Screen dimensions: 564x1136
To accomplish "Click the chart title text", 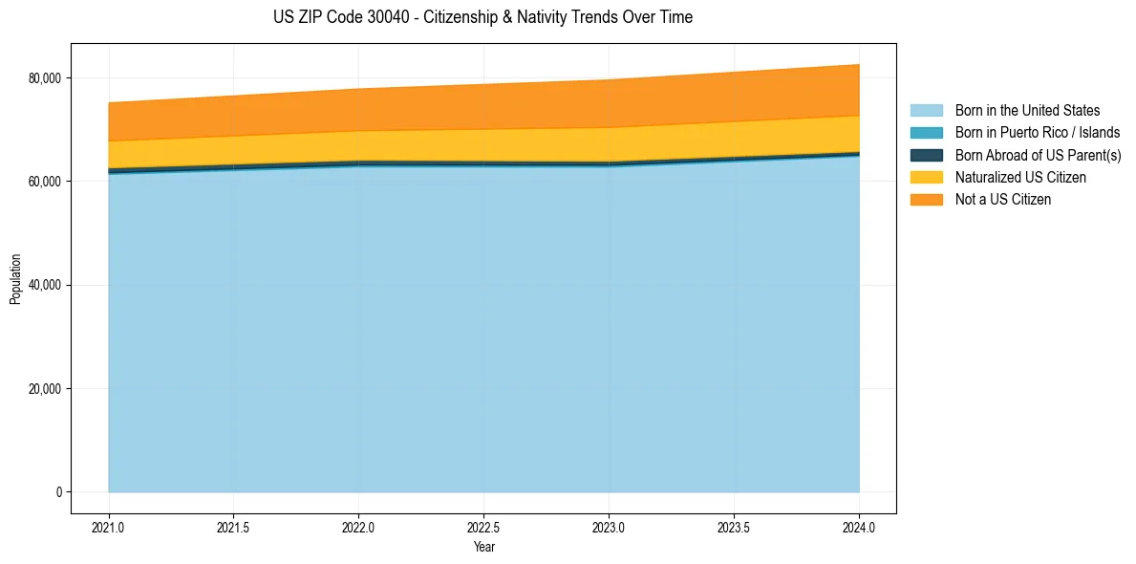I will coord(482,17).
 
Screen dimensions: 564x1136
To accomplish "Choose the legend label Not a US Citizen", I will coord(1003,200).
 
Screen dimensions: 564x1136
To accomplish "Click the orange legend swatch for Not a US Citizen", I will coord(926,200).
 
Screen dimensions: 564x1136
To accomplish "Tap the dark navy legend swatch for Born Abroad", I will coord(926,155).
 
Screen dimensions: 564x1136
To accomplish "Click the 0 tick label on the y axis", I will coord(58,492).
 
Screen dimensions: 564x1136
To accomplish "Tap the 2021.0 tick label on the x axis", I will coord(109,527).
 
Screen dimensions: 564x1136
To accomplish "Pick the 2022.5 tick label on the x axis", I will coord(483,527).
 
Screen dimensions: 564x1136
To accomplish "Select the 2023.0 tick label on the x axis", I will coord(609,527).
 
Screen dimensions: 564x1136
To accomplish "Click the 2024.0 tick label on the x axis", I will coord(859,527).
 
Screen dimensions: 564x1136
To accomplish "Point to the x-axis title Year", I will coord(483,548).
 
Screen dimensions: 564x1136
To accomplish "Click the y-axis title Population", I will coord(15,279).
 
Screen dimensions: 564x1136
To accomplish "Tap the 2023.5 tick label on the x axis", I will coord(734,527).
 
